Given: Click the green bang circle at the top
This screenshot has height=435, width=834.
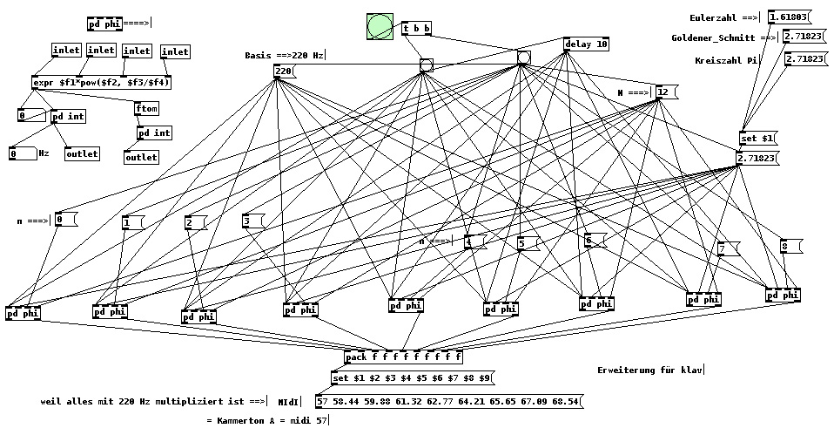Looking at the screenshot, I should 380,27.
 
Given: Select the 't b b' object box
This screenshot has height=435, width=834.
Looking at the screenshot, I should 416,29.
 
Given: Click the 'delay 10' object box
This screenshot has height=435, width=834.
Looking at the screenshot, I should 587,44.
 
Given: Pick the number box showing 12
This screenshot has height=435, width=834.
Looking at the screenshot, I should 664,92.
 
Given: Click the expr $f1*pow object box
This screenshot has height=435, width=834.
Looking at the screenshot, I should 101,83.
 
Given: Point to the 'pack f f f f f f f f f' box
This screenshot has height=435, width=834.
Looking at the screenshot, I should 403,357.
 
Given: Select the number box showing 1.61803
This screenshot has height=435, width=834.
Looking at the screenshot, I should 789,17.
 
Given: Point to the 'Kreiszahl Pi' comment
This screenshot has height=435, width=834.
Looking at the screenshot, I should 728,60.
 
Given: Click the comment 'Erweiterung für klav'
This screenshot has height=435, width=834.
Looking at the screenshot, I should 650,370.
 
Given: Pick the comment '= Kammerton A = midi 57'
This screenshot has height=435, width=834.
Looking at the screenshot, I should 267,420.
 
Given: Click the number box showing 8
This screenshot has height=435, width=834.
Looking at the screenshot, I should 788,247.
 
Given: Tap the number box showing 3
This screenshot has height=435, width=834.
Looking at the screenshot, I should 252,221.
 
